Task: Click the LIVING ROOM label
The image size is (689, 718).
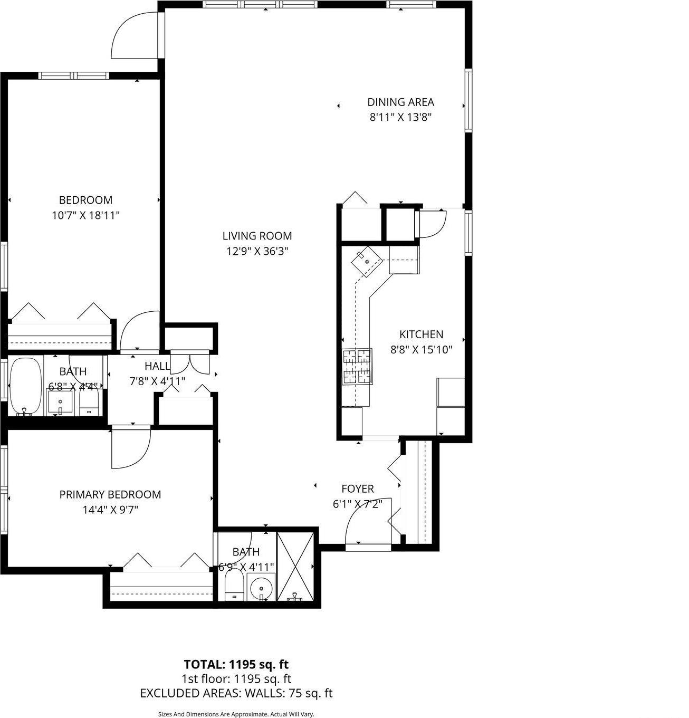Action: tap(257, 236)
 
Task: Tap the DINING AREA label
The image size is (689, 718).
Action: tap(400, 102)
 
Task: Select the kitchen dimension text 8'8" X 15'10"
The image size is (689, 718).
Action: tap(421, 349)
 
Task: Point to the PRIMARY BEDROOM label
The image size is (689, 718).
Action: tap(110, 494)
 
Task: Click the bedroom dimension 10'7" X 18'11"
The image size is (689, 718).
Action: tap(85, 215)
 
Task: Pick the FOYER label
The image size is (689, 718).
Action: tap(357, 489)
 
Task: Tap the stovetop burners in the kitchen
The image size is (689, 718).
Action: tap(357, 368)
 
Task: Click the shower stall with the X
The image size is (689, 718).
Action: tap(295, 567)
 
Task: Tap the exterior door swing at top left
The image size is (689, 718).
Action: tap(135, 36)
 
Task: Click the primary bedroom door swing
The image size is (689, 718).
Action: tap(130, 448)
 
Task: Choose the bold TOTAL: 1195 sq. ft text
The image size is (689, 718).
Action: tap(236, 664)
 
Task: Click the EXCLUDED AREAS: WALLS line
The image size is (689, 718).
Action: tap(236, 693)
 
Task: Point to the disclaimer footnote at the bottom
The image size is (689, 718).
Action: tap(236, 714)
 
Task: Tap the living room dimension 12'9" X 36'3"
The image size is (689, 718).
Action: tap(257, 251)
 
